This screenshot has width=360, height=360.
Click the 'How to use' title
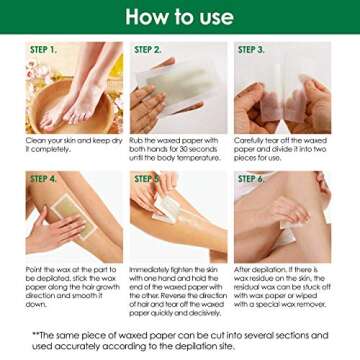pos(180,17)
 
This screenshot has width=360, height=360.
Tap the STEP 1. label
pos(43,49)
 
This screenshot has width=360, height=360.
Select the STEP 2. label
pos(148,49)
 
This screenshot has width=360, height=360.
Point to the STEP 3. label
pos(251,49)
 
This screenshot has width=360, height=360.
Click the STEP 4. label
pos(44,179)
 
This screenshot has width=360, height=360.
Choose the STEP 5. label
pos(147,179)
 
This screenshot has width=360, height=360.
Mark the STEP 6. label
pos(251,179)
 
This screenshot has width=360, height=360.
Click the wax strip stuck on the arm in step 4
pos(60,215)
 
